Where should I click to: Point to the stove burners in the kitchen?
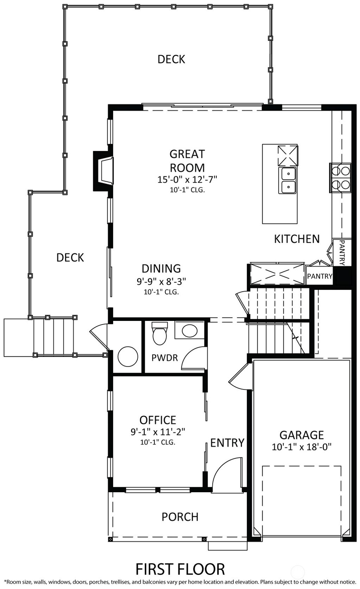coord(340,178)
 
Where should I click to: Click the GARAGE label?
coord(302,435)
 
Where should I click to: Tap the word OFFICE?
coord(158,420)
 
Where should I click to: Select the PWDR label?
coord(165,358)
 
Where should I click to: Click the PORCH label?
coord(180,517)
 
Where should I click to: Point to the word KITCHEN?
coord(297,239)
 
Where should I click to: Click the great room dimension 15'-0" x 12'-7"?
coord(187,179)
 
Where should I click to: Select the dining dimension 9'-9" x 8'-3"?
coord(161,281)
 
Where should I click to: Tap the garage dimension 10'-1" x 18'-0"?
coord(302,447)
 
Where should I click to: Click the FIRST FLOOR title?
coord(180,569)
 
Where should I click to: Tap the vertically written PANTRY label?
coord(342,253)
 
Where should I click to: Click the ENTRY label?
coord(227,443)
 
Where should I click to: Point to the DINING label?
coord(161,268)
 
